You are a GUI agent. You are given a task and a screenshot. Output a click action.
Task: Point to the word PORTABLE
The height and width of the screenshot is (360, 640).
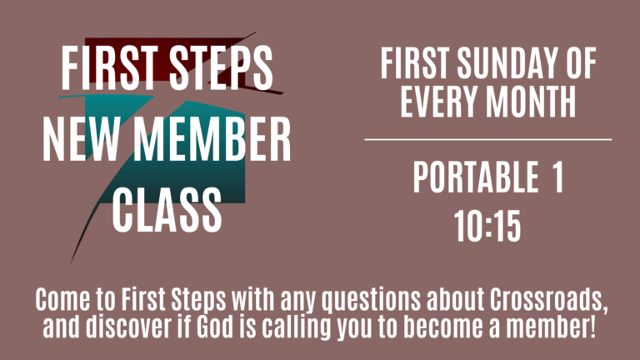[476, 177]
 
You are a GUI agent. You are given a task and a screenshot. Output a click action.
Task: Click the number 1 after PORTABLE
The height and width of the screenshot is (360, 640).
[558, 177]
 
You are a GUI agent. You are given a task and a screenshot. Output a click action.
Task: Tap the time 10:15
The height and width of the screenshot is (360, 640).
[487, 226]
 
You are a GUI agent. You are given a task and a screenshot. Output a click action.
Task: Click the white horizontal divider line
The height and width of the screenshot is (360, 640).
[488, 140]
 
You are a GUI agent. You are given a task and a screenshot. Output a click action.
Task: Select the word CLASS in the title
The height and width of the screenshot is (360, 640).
[167, 210]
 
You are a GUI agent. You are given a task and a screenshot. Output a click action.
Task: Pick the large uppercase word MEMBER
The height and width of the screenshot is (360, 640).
[212, 139]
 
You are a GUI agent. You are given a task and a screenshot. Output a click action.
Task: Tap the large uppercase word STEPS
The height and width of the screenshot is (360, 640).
[221, 67]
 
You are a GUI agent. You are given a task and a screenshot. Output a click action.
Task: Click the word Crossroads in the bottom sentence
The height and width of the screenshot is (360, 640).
[548, 300]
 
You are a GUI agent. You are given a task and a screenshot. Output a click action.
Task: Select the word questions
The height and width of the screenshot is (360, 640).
[371, 301]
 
